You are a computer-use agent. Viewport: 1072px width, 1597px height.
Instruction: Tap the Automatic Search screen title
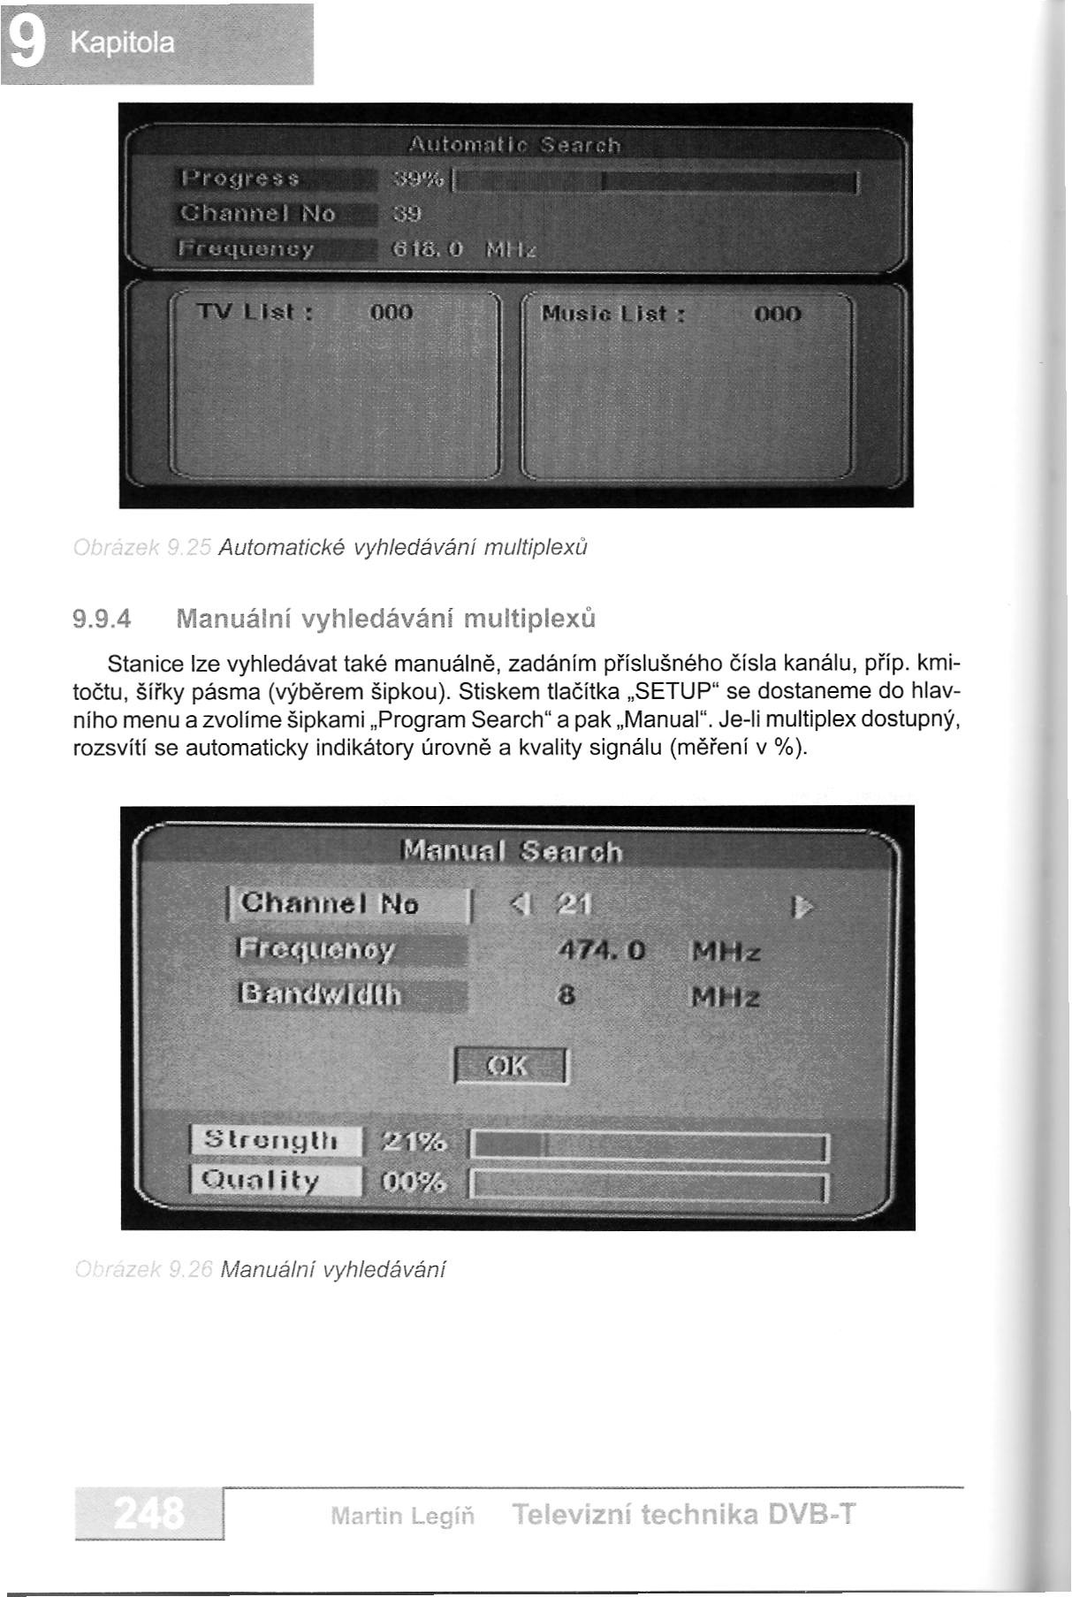click(514, 145)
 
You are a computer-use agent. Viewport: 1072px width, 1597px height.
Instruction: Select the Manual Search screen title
click(513, 852)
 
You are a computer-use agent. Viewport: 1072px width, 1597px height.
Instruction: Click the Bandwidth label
click(320, 996)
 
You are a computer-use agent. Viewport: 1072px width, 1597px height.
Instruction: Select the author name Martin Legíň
click(402, 1517)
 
